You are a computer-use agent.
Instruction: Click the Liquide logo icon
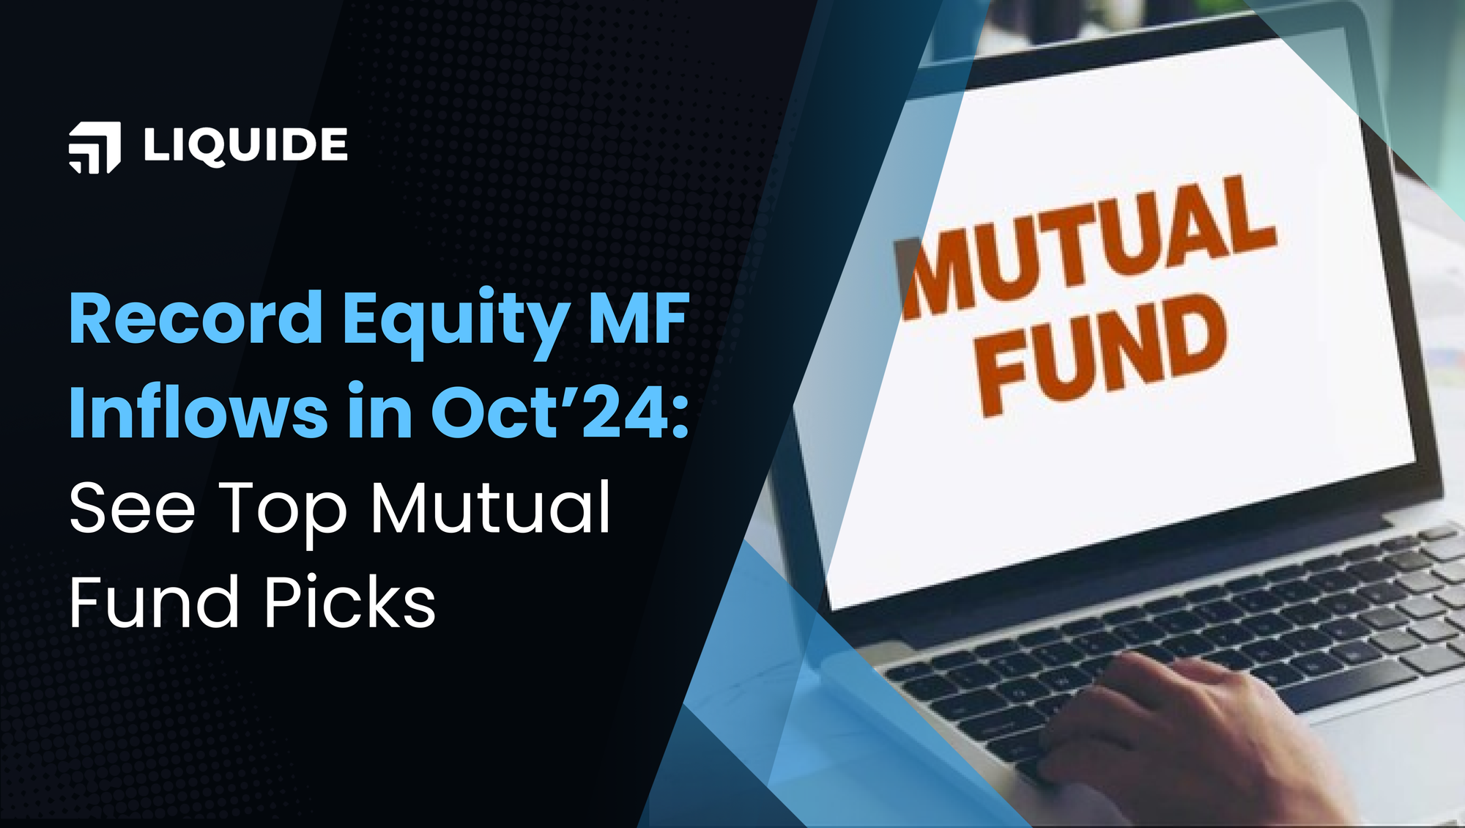click(94, 147)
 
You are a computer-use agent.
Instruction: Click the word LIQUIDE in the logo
click(245, 145)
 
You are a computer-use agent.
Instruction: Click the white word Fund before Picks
click(154, 602)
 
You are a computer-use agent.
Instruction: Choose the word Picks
click(350, 602)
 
